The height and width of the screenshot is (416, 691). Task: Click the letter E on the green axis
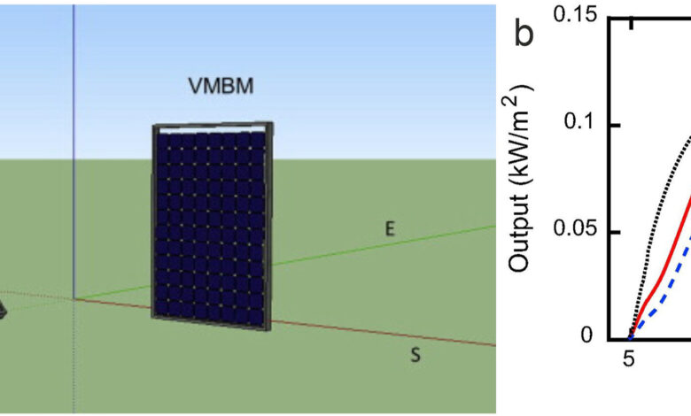pos(389,229)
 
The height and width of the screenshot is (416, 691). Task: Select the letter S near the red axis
pos(415,356)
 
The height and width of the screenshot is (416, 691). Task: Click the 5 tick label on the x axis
pos(629,360)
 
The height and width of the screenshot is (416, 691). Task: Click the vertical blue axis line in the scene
pos(74,133)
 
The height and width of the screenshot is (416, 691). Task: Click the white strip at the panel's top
pos(213,130)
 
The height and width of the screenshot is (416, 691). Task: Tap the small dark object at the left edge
pos(3,309)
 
